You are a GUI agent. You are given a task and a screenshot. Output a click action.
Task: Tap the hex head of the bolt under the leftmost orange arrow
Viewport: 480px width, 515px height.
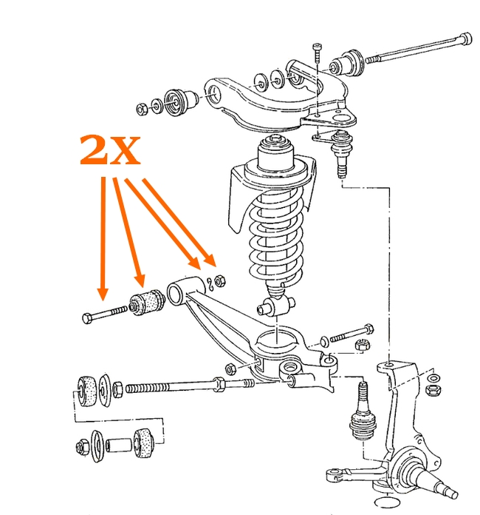tap(88, 318)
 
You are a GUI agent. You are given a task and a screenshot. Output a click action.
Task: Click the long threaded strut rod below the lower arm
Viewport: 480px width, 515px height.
tap(170, 386)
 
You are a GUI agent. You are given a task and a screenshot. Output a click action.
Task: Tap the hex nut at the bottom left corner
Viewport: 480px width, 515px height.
tap(80, 446)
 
